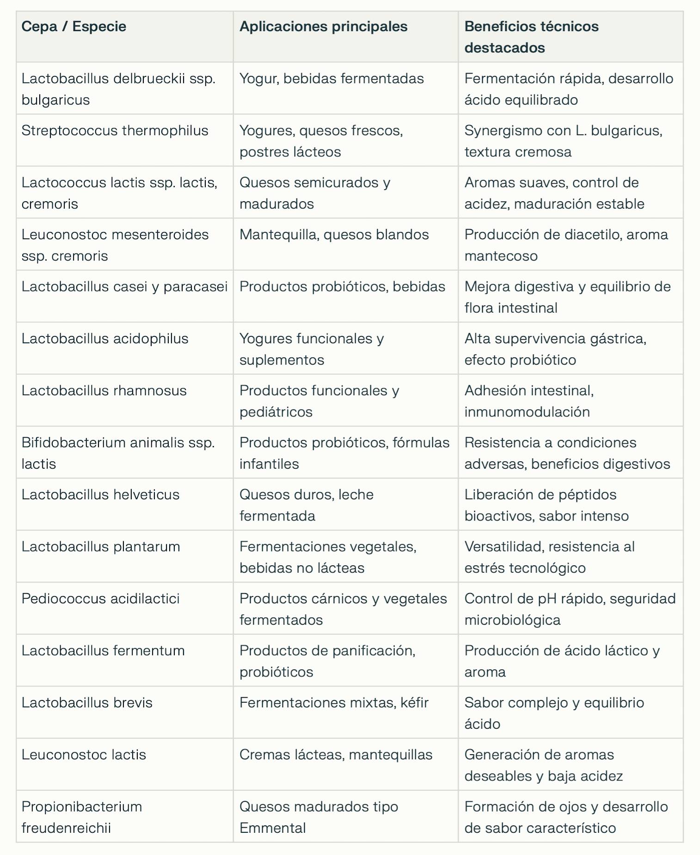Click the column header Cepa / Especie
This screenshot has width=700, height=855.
click(x=74, y=26)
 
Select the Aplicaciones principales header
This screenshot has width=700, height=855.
click(x=323, y=26)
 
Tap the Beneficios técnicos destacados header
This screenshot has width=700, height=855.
click(x=531, y=37)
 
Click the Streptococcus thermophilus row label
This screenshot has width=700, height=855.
click(x=115, y=130)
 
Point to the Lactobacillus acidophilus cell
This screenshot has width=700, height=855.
click(x=105, y=338)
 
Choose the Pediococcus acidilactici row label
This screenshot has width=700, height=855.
click(x=100, y=598)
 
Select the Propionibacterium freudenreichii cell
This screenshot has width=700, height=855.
click(x=82, y=817)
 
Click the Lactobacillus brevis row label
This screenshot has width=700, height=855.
click(x=87, y=702)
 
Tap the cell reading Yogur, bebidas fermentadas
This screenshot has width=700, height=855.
click(x=332, y=78)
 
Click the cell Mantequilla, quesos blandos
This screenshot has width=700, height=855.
click(x=334, y=234)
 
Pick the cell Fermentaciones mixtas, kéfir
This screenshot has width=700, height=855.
click(x=334, y=702)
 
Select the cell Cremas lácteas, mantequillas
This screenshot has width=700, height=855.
click(x=336, y=755)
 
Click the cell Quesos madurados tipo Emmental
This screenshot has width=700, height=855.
click(x=319, y=817)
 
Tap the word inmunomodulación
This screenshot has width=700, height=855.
click(x=527, y=412)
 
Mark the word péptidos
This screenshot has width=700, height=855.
click(x=587, y=494)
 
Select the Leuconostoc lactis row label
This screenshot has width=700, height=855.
click(x=84, y=755)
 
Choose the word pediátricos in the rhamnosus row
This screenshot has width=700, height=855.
click(x=276, y=412)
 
